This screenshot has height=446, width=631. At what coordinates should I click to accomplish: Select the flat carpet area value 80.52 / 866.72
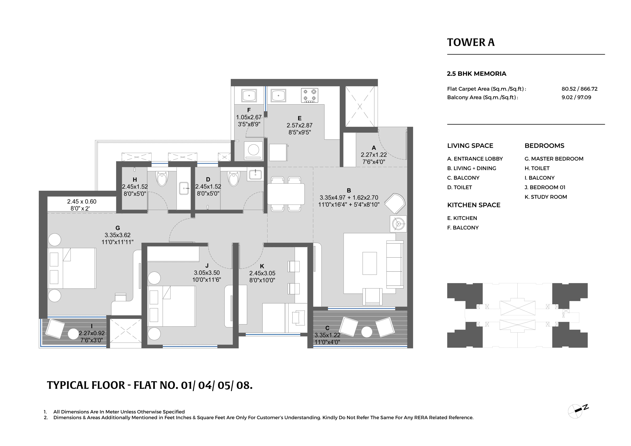pos(579,89)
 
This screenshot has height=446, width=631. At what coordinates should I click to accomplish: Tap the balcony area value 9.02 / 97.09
pos(576,97)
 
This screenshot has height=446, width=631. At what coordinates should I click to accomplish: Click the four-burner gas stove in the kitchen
pos(309,95)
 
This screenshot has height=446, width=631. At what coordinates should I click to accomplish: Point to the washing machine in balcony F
pos(253,151)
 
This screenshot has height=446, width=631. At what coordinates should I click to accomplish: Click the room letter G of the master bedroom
pos(118,228)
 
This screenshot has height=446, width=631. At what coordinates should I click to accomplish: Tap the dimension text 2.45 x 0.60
pos(82,201)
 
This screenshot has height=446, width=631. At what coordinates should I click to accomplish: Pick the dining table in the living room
pos(286,194)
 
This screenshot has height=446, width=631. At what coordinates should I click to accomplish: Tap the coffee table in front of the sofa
pos(369,263)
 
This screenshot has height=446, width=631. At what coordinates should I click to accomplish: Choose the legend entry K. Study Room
pos(546,197)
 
